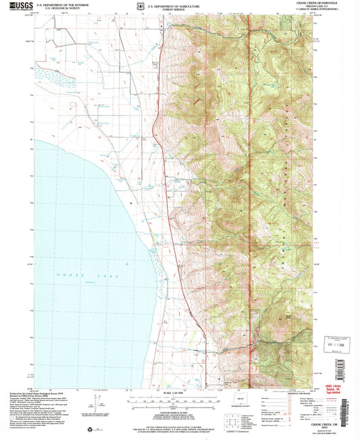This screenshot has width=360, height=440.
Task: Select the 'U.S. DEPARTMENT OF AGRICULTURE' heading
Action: click(175, 3)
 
